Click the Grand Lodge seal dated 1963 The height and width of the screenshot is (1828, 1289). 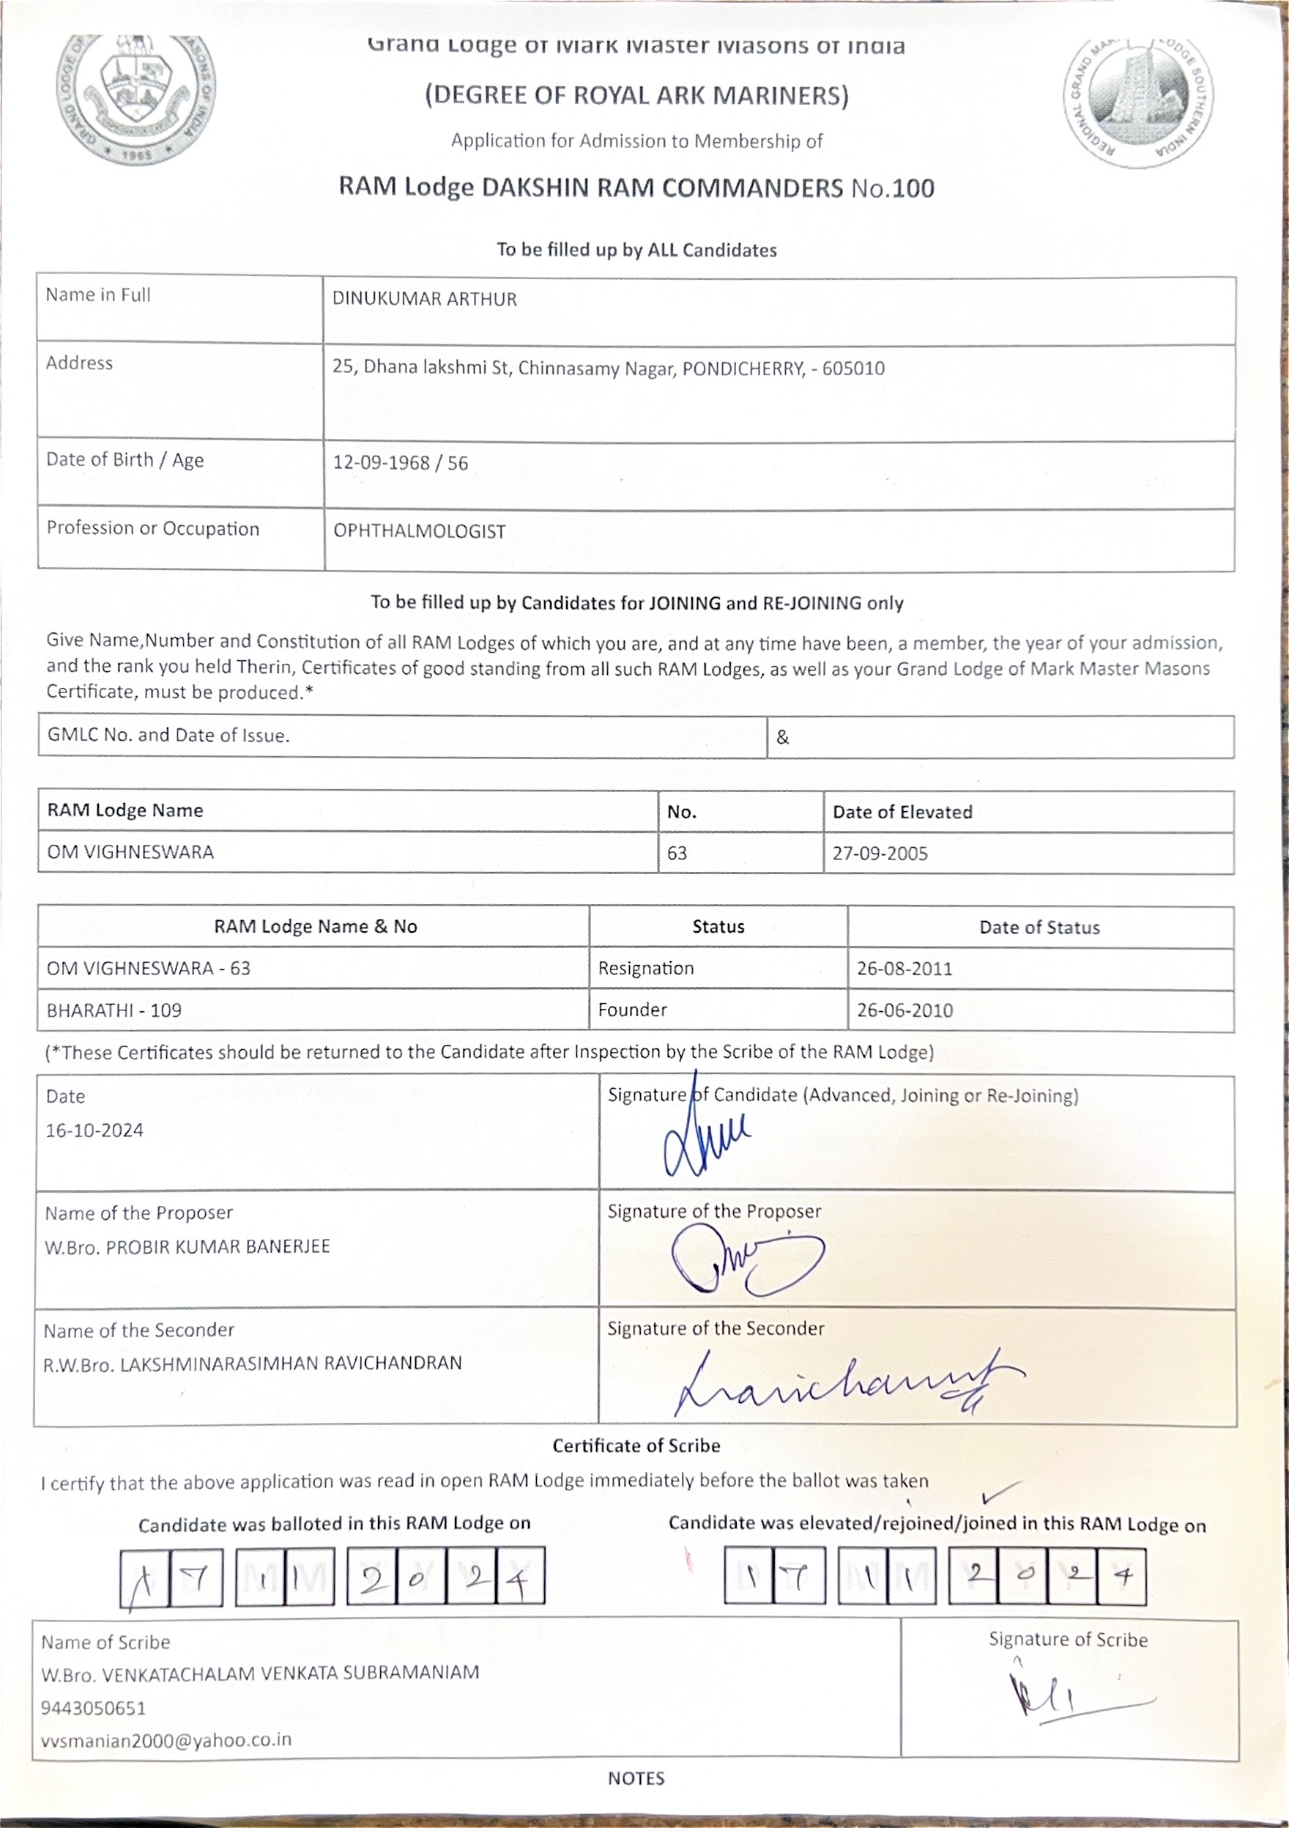coord(136,99)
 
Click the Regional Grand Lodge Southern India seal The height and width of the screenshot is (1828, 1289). coord(1139,102)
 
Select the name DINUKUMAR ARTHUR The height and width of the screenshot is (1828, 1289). coord(424,300)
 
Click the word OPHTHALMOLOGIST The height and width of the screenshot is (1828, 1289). coord(420,531)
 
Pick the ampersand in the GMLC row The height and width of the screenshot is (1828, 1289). coord(782,737)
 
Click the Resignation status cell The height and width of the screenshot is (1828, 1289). coord(645,968)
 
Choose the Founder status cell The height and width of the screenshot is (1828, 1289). coord(632,1010)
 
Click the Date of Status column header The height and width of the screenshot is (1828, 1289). coord(1039,928)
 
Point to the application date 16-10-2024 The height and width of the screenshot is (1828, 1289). coord(94,1131)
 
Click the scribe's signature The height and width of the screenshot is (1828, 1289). coord(1066,1701)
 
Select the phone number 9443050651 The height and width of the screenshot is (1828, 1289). coord(93,1708)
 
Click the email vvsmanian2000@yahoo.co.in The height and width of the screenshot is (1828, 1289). coord(166,1740)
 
